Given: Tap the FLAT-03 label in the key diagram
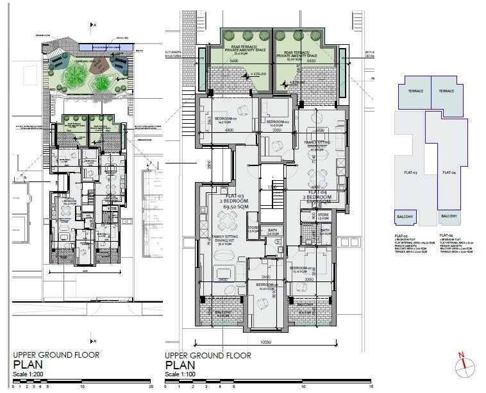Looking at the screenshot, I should (x=411, y=173).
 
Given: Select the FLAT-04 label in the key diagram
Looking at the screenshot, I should (x=448, y=172).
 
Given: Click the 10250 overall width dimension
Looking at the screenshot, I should (x=266, y=342).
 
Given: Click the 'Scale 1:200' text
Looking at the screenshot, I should (x=28, y=374).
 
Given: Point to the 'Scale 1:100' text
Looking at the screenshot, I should (x=181, y=374).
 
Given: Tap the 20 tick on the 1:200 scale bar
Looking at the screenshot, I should (x=150, y=387).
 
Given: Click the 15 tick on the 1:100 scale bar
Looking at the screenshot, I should (x=371, y=387).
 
